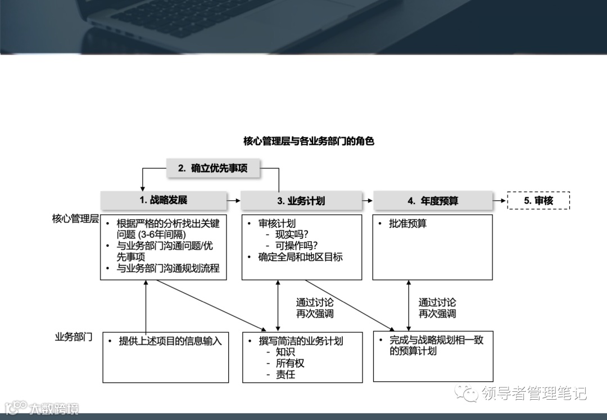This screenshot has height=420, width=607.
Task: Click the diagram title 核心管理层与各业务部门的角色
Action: pos(309,141)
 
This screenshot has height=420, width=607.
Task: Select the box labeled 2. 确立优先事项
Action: pos(213,168)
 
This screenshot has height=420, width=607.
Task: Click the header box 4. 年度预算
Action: pos(433,201)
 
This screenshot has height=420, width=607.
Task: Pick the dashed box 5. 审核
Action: pos(538,201)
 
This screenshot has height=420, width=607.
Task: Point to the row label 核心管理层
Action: pos(75,219)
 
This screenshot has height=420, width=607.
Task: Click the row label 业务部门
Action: pos(74,337)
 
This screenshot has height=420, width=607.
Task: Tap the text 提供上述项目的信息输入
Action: pos(170,341)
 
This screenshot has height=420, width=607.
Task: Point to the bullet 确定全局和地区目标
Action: pos(300,257)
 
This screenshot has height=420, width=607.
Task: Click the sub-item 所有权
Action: pos(290,363)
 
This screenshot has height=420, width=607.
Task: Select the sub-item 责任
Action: pos(286,374)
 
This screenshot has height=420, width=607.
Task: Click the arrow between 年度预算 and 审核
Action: pos(500,200)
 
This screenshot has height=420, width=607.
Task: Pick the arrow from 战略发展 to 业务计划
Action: pos(233,200)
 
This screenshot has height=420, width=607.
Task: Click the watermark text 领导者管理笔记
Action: pos(533,393)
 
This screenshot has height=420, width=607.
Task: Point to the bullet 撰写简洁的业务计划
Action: pos(301,341)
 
